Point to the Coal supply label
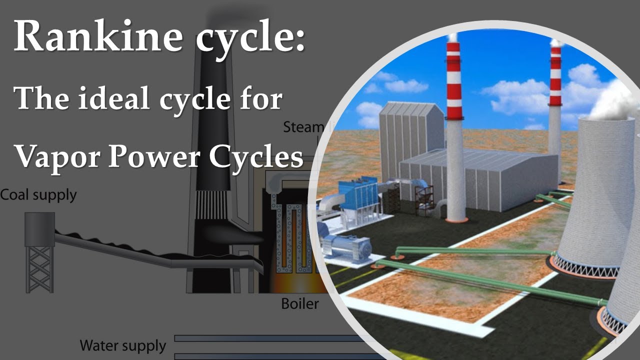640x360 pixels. click(x=38, y=194)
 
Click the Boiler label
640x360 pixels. click(x=299, y=303)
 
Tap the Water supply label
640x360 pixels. click(x=123, y=345)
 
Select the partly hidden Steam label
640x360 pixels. click(x=302, y=127)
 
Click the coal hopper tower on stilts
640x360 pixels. click(x=40, y=250)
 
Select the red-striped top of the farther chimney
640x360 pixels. click(x=555, y=75)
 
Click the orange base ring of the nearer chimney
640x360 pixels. click(x=456, y=219)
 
